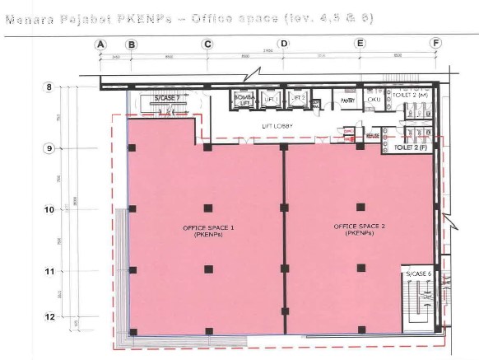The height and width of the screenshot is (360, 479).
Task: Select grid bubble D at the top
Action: [x=284, y=44]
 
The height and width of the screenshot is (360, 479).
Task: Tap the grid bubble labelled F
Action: [x=435, y=44]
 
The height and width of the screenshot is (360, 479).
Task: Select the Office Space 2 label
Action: [x=360, y=229]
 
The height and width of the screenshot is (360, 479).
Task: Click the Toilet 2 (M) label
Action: [x=412, y=96]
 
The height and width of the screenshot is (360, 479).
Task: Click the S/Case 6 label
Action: [x=417, y=273]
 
